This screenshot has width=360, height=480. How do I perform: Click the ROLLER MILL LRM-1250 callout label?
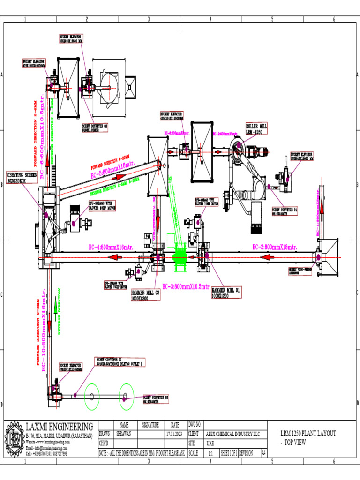coord(257,129)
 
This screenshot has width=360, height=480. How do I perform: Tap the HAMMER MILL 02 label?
coord(146,295)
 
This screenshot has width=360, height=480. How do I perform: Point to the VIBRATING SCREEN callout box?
coord(21,177)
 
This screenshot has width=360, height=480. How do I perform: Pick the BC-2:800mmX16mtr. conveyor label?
coord(274,247)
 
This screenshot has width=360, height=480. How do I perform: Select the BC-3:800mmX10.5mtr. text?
coord(186,286)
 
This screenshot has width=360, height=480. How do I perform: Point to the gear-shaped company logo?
coord(14,439)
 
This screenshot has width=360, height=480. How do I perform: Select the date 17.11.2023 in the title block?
coord(175,434)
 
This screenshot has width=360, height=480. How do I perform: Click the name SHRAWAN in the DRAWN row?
coord(124,434)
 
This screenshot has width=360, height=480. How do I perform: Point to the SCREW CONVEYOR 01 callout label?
coord(120,361)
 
